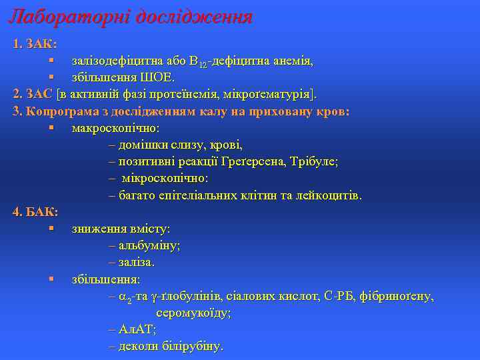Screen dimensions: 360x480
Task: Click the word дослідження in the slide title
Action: pos(193,16)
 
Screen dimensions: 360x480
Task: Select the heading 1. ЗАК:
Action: pos(35,44)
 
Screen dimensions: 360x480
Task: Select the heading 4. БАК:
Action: pos(35,212)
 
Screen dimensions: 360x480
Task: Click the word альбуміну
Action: pos(149,245)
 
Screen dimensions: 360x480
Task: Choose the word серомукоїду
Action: pos(193,312)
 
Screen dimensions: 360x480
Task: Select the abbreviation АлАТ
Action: pos(137,329)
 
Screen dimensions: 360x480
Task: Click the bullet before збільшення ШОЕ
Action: pos(51,77)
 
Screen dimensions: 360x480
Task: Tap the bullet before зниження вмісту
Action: pos(51,228)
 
